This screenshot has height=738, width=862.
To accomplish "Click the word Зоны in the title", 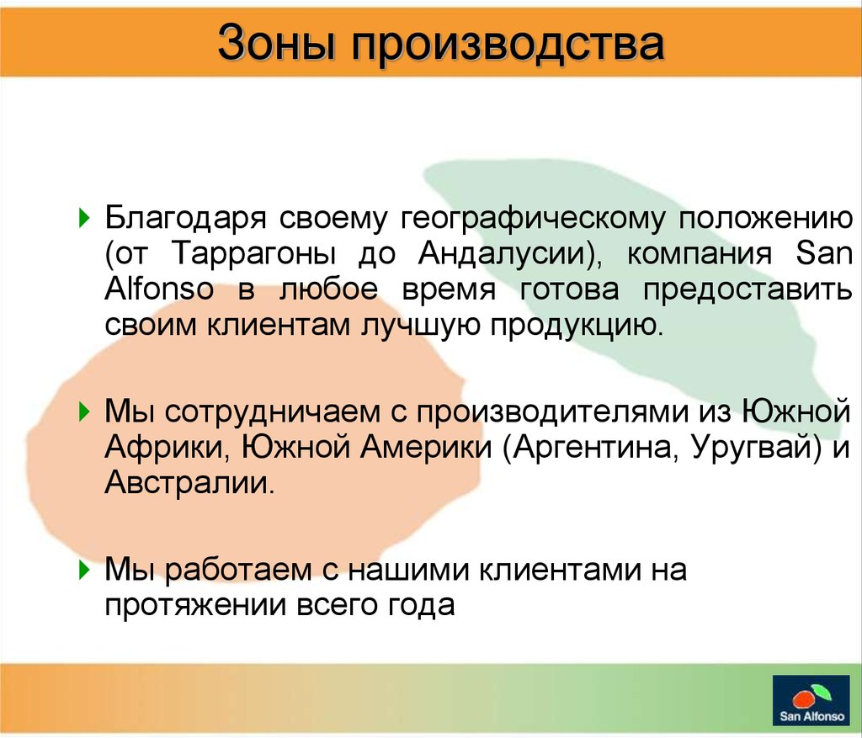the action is tap(276, 43).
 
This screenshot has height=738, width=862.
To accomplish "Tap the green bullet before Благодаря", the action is tap(84, 218).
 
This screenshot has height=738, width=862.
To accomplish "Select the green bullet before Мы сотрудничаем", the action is tap(84, 411).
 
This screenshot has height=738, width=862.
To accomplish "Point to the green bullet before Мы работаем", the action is tap(84, 570).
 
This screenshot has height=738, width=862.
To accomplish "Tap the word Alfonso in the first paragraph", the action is tap(159, 289).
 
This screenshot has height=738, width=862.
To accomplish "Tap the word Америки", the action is tap(427, 448).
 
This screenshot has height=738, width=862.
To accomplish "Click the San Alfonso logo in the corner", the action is tap(811, 699).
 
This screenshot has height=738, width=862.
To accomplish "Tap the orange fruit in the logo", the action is tap(804, 699).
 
